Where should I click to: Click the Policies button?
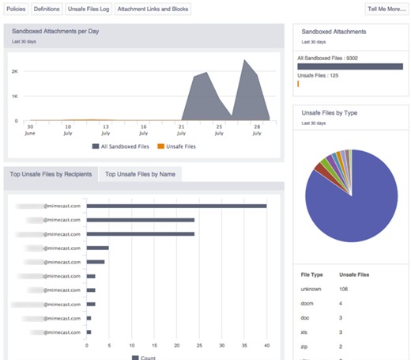(17, 9)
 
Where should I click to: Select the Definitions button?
(47, 9)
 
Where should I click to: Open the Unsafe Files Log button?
(87, 9)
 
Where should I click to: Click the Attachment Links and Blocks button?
(153, 9)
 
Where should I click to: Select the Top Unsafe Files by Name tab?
(141, 174)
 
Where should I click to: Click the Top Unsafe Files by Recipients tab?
(51, 174)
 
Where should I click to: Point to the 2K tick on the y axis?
(14, 71)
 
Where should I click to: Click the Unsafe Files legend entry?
(180, 146)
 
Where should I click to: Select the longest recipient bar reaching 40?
(176, 207)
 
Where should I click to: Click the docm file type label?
(308, 303)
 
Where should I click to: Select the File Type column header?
(311, 275)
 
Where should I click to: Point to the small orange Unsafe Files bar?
(298, 82)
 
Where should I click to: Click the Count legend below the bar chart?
(144, 357)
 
